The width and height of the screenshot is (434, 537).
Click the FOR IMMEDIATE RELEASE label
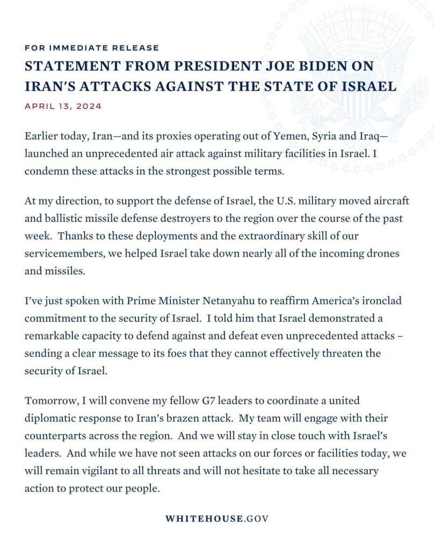pyautogui.click(x=92, y=48)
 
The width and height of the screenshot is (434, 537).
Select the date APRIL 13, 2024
pyautogui.click(x=63, y=106)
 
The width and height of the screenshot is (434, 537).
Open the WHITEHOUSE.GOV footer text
pyautogui.click(x=217, y=519)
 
